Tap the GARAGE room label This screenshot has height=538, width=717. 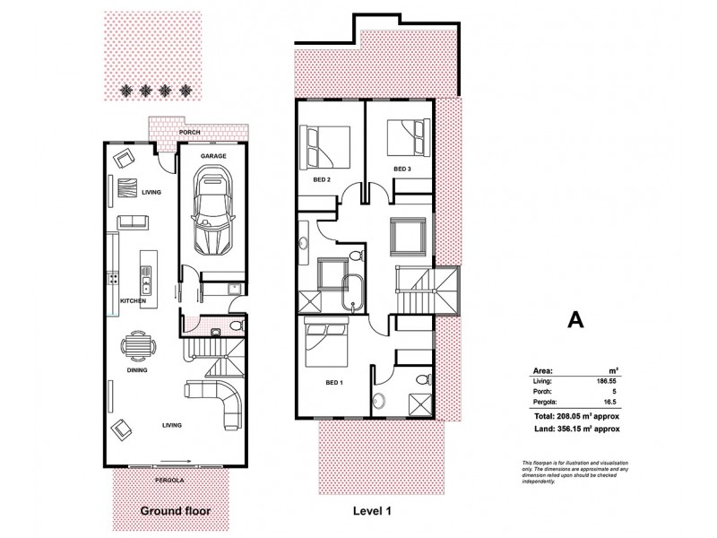[212, 156]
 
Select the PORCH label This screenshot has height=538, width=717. [189, 133]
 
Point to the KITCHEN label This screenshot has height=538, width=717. [133, 301]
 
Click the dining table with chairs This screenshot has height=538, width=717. [135, 345]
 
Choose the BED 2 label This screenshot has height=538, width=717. [323, 179]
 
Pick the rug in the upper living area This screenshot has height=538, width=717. [125, 189]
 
